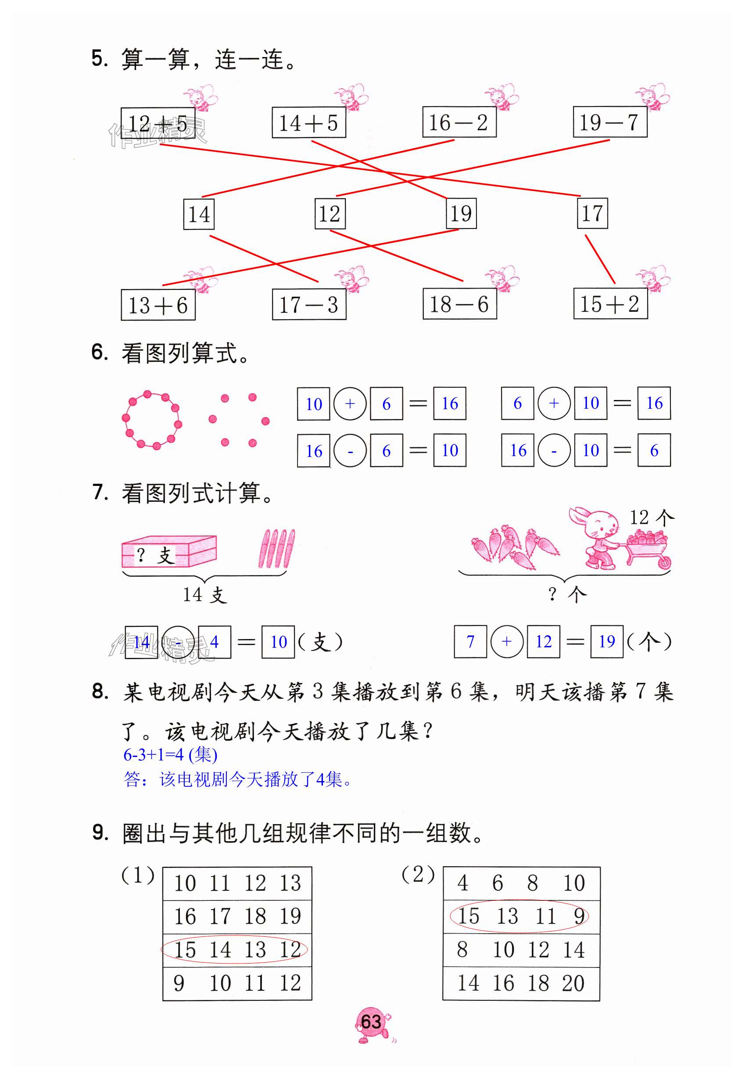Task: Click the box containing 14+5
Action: pos(308,123)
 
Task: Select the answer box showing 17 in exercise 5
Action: pos(592,214)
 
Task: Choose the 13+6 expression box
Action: pos(158,306)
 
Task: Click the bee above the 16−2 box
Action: pos(502,97)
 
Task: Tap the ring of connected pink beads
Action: pos(151,420)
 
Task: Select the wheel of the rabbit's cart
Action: pos(663,563)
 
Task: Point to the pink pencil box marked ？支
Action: pos(169,552)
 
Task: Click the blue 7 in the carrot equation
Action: pos(470,642)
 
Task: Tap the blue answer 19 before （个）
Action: pos(606,642)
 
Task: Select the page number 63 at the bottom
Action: pos(371,1021)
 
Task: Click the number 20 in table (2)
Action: pos(573,983)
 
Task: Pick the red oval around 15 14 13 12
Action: pos(234,949)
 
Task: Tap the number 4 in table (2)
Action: pos(462,883)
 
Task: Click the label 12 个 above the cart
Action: pos(652,518)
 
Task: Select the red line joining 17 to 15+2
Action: pos(600,259)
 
